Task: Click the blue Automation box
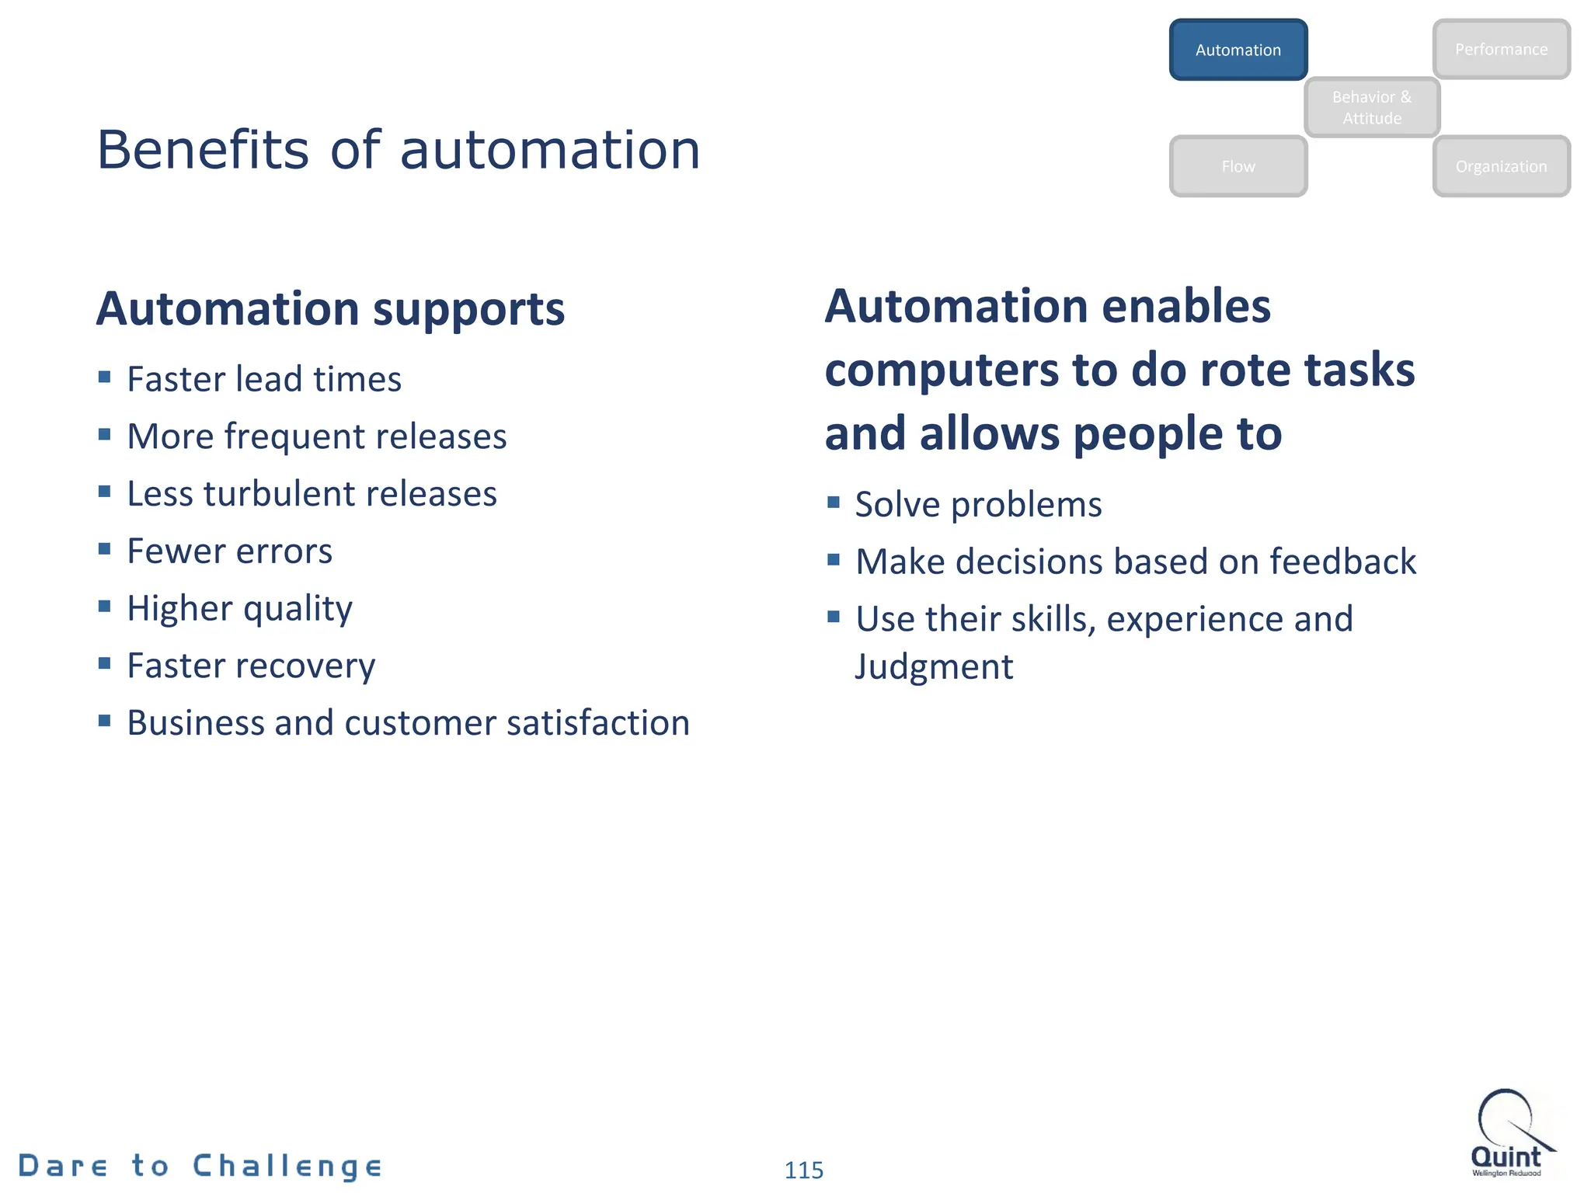coord(1238,50)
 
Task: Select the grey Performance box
coord(1501,50)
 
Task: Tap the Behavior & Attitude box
coord(1371,107)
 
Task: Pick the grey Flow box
coord(1238,166)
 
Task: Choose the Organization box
coord(1501,166)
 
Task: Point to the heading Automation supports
coord(330,309)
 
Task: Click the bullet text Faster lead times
coord(264,380)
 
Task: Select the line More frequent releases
coord(316,437)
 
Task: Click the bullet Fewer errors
coord(229,551)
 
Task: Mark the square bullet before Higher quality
coord(105,606)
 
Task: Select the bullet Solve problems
coord(978,505)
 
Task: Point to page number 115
coord(803,1170)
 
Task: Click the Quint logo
coord(1509,1133)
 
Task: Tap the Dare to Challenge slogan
coord(200,1166)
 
